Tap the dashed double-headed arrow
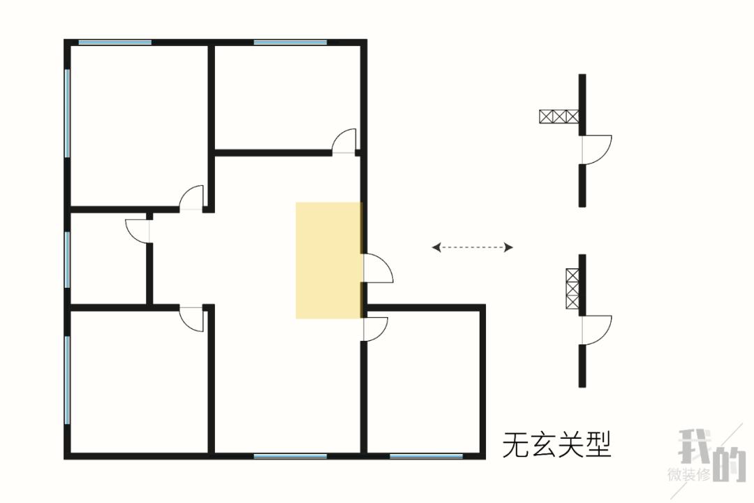pos(473,247)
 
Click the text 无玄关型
pos(556,444)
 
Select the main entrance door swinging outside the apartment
pos(377,268)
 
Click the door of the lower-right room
pos(375,329)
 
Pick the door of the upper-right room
pos(344,142)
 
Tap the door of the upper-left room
pos(191,198)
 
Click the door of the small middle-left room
pos(138,231)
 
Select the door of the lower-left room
pos(191,318)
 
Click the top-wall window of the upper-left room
pos(115,43)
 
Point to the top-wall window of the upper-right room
pos(290,43)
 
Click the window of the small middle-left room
pos(68,259)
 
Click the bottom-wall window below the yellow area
pos(290,456)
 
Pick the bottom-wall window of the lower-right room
pos(426,456)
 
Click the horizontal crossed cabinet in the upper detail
pos(559,117)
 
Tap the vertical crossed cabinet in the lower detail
pos(572,289)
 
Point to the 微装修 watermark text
pos(688,475)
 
